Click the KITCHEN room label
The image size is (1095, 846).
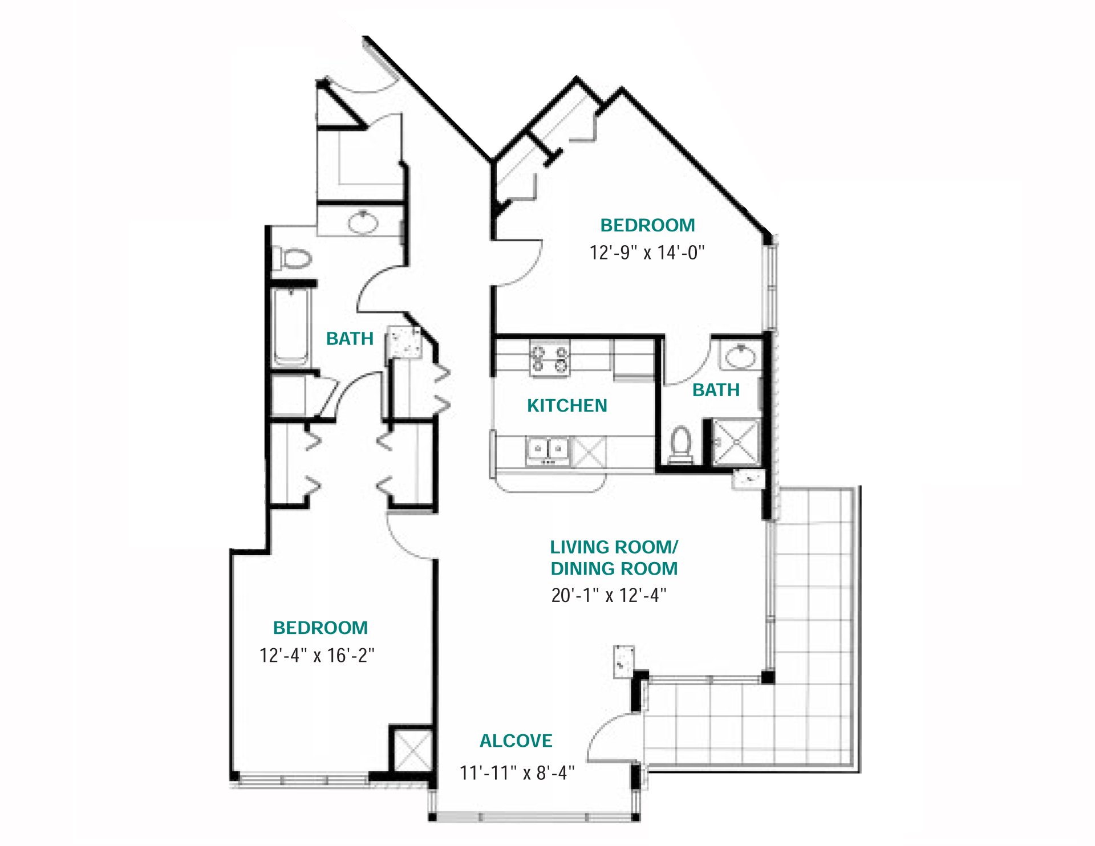coord(566,405)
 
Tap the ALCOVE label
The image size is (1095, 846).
coord(516,741)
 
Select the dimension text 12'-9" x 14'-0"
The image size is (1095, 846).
coord(647,253)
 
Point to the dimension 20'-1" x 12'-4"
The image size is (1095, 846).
coord(609,595)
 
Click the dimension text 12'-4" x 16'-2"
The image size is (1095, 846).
coord(317,655)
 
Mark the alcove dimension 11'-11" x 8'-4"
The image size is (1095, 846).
coord(517,773)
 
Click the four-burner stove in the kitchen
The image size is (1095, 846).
coord(550,358)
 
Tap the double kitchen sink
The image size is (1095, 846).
coord(547,450)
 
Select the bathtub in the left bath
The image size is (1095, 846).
coord(291,327)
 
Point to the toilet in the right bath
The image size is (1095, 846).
coord(680,445)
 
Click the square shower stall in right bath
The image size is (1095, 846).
coord(736,442)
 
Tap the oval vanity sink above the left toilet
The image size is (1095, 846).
coord(363,222)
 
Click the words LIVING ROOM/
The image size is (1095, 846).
coord(613,547)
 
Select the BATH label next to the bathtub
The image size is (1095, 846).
coord(350,339)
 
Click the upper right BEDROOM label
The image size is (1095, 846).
coord(647,225)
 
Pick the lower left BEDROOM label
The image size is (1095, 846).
coord(320,628)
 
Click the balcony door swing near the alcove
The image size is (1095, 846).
coord(610,738)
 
